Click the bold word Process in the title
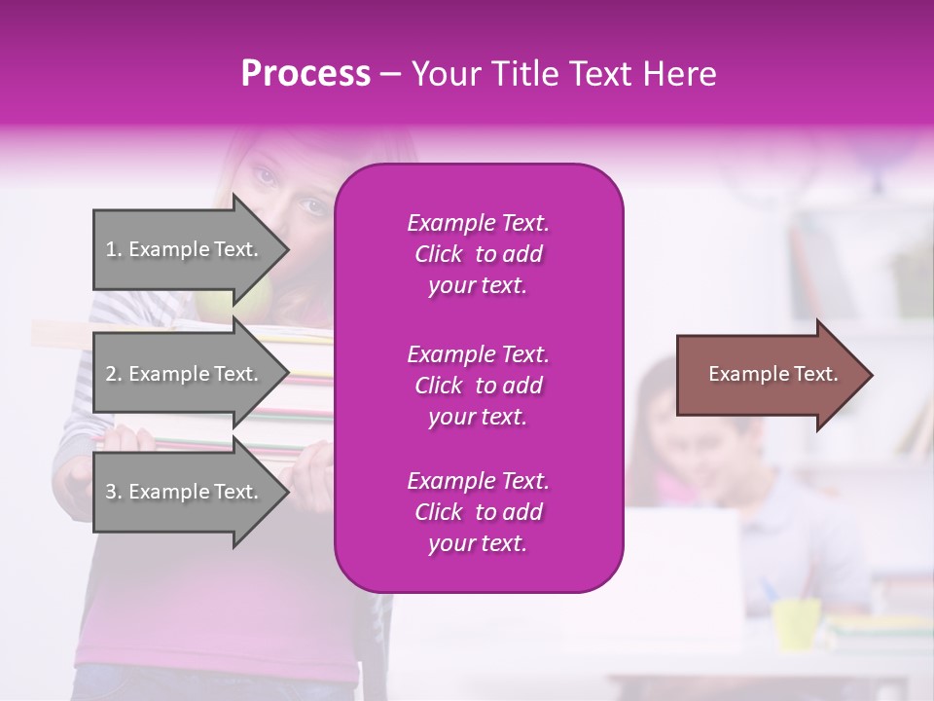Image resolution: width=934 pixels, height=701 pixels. coord(305,74)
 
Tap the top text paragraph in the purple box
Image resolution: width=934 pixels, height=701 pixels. coord(478,254)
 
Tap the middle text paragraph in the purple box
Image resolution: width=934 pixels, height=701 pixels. coord(478,385)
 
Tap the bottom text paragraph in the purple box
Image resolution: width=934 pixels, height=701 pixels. coord(478,511)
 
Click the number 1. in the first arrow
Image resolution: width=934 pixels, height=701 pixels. coord(114,249)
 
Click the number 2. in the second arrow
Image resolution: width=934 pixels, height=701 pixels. coord(114,374)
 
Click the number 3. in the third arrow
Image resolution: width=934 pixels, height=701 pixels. coord(114,492)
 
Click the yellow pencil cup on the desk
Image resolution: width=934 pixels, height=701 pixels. coord(796,623)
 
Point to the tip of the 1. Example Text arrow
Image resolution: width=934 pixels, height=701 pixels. coord(288,249)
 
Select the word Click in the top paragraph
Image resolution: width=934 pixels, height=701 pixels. coord(438,254)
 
